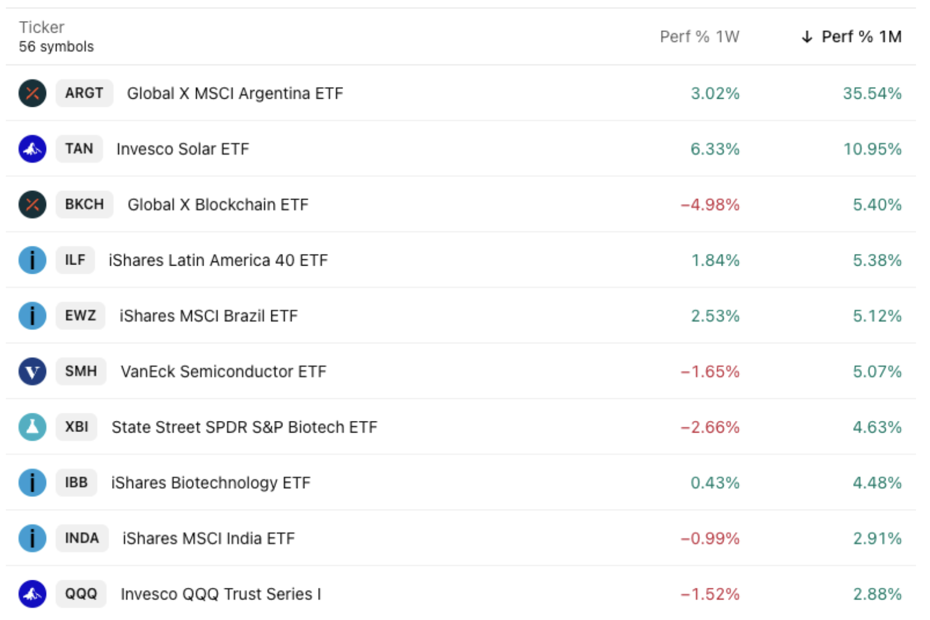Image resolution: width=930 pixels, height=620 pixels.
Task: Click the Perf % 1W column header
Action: pyautogui.click(x=699, y=37)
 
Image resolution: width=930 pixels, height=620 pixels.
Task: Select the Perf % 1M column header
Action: pyautogui.click(x=861, y=37)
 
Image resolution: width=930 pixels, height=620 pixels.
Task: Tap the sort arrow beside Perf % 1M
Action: pyautogui.click(x=807, y=37)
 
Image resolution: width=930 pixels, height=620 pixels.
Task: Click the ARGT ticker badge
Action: pyautogui.click(x=84, y=93)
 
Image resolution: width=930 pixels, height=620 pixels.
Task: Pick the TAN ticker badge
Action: pyautogui.click(x=79, y=149)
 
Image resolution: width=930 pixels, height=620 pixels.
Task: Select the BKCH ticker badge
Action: pyautogui.click(x=84, y=204)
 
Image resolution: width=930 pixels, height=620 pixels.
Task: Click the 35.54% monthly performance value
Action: pyautogui.click(x=872, y=93)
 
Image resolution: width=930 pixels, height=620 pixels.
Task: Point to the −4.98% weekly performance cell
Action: pyautogui.click(x=709, y=205)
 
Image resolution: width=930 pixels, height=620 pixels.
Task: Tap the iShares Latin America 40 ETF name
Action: pyautogui.click(x=218, y=260)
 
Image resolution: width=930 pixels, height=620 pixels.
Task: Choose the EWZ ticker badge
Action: pyautogui.click(x=81, y=316)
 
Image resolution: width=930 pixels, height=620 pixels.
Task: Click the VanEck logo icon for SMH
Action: pyautogui.click(x=32, y=371)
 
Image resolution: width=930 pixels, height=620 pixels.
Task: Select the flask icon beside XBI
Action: pyautogui.click(x=32, y=427)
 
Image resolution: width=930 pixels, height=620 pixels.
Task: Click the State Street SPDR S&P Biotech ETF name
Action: pyautogui.click(x=244, y=427)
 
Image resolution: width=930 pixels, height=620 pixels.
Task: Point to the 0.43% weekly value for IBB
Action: pyautogui.click(x=715, y=483)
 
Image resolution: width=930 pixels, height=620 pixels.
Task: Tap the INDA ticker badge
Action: pyautogui.click(x=82, y=538)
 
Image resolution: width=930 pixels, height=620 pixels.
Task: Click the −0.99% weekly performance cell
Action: pyautogui.click(x=709, y=538)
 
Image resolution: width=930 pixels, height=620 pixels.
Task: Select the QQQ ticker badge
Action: pyautogui.click(x=81, y=594)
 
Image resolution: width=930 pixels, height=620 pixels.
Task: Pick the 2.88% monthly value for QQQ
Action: pyautogui.click(x=877, y=594)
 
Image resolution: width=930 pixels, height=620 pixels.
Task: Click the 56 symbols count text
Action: pyautogui.click(x=56, y=47)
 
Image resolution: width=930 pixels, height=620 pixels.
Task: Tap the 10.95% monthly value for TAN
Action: pyautogui.click(x=872, y=149)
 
